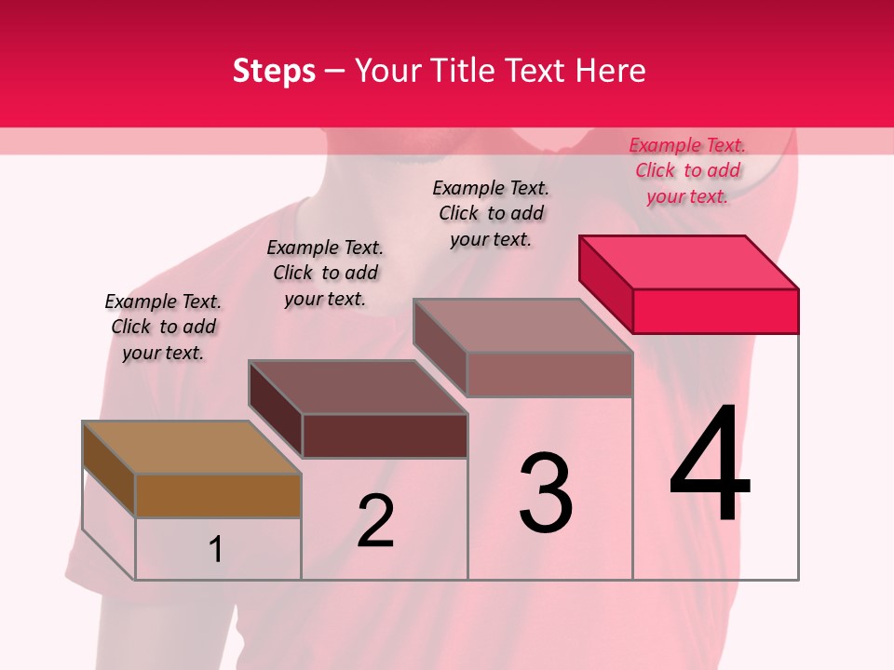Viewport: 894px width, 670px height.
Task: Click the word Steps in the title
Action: pos(274,71)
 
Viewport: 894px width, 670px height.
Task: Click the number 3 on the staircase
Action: pos(546,493)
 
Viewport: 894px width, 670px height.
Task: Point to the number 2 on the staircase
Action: pos(376,521)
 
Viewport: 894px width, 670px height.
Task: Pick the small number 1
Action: pos(216,550)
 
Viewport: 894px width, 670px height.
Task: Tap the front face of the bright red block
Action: pos(715,311)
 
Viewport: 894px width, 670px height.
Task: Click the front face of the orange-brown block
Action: pos(218,495)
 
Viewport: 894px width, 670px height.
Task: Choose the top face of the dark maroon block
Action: pos(359,387)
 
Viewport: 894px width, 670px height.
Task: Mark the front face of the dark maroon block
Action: pos(384,435)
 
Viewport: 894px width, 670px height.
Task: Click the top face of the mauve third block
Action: pos(523,326)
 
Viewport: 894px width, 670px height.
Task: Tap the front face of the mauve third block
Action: pos(549,374)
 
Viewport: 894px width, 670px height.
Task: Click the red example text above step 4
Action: pos(687,170)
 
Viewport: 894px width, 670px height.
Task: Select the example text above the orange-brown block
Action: pos(163,327)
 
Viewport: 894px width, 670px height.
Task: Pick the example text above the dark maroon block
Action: pos(325,273)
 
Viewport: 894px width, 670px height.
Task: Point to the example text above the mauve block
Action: pos(491,213)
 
